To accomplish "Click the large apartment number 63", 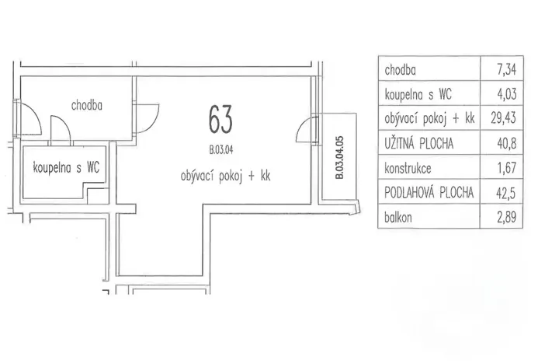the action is point(220,120).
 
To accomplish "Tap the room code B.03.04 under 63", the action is point(221,150).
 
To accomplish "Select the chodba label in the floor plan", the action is point(87,105).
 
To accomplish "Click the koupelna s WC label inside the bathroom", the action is point(66,167).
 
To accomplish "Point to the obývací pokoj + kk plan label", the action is point(225,176).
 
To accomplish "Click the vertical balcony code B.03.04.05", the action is point(339,157).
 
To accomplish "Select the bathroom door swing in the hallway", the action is point(61,130).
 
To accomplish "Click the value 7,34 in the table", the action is point(507,70).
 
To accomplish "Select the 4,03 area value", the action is point(507,94).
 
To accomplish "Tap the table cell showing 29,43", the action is point(503,118).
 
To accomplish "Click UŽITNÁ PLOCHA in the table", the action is point(418,143).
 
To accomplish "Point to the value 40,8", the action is point(507,143).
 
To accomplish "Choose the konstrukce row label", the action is point(408,168).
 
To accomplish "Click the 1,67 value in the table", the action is point(507,168).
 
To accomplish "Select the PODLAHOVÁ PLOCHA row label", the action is point(429,192).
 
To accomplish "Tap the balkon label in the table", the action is point(398,217).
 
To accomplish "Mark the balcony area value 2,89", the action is point(507,217).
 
